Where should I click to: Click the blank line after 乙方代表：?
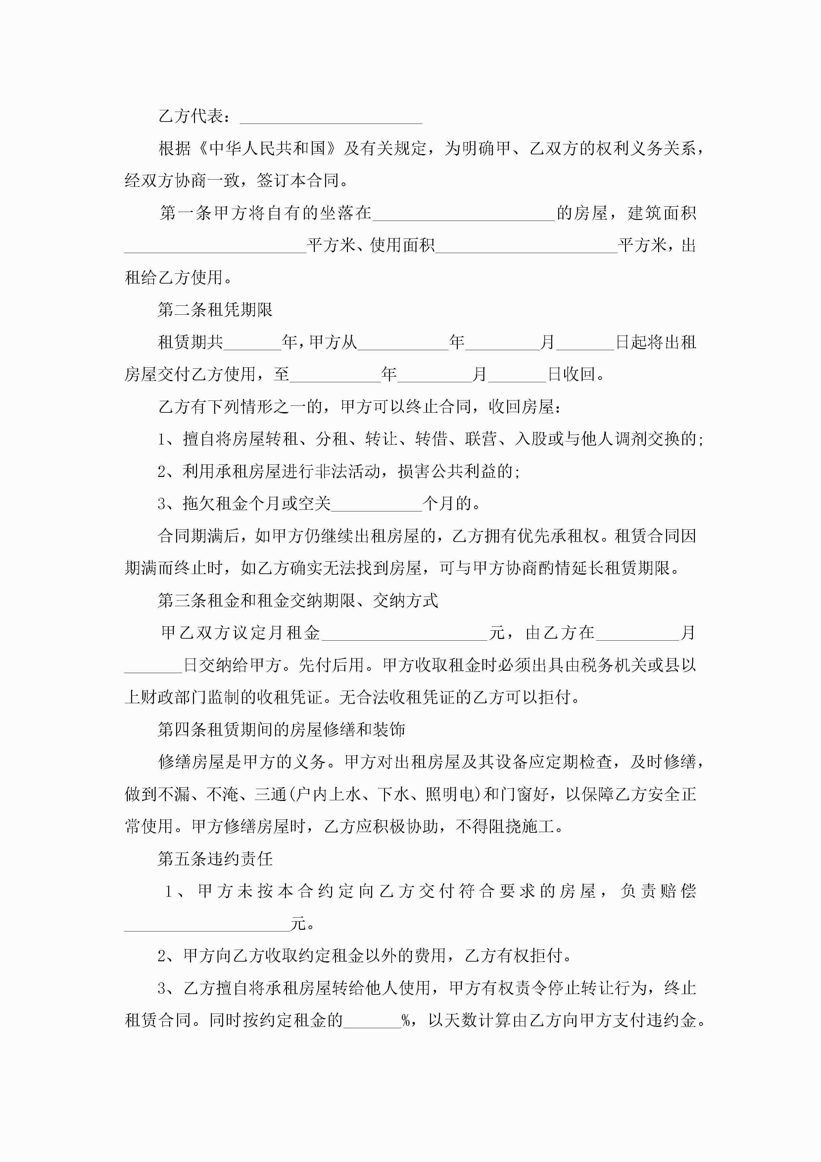pos(331,117)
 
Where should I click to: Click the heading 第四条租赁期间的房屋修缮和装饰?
pos(281,730)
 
